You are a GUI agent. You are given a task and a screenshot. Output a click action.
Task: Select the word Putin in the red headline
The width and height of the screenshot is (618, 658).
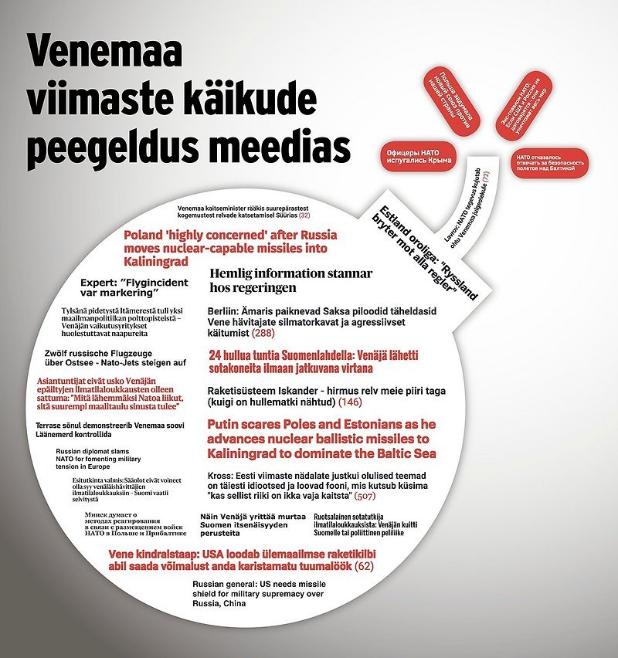233,425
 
